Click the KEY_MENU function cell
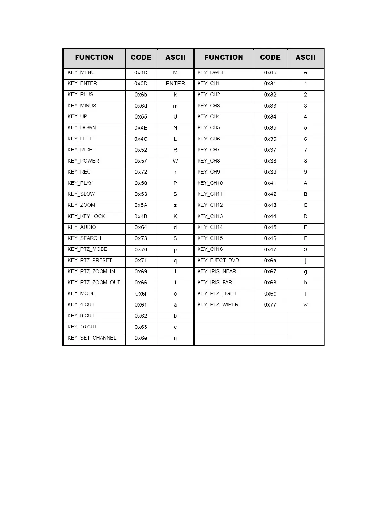[x=81, y=72]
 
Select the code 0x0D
[x=141, y=84]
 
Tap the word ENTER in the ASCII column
[x=175, y=84]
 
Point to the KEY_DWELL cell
[x=212, y=72]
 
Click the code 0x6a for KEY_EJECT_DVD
[x=270, y=261]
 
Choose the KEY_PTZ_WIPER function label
[x=218, y=305]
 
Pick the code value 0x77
[x=270, y=305]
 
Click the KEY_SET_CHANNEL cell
[x=92, y=338]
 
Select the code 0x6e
[x=141, y=338]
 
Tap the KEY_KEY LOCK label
[x=86, y=216]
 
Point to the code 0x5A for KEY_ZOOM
[x=141, y=205]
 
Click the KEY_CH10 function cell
[x=210, y=183]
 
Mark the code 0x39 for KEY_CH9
[x=270, y=172]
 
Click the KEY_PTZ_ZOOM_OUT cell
[x=94, y=283]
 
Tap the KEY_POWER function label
[x=83, y=161]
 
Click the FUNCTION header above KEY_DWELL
[x=224, y=57]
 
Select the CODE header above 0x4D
[x=141, y=57]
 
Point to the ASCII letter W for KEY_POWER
[x=175, y=161]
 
